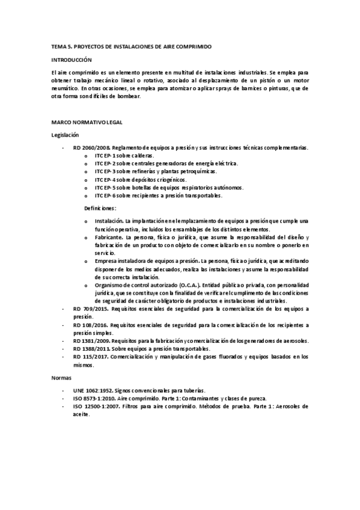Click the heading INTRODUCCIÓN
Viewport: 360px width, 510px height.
[x=72, y=60]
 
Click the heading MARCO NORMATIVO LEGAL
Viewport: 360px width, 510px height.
[x=87, y=122]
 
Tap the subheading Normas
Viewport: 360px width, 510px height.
[x=61, y=378]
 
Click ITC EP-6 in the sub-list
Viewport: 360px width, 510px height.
[x=105, y=195]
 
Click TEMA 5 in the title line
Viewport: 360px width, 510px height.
[x=61, y=46]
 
